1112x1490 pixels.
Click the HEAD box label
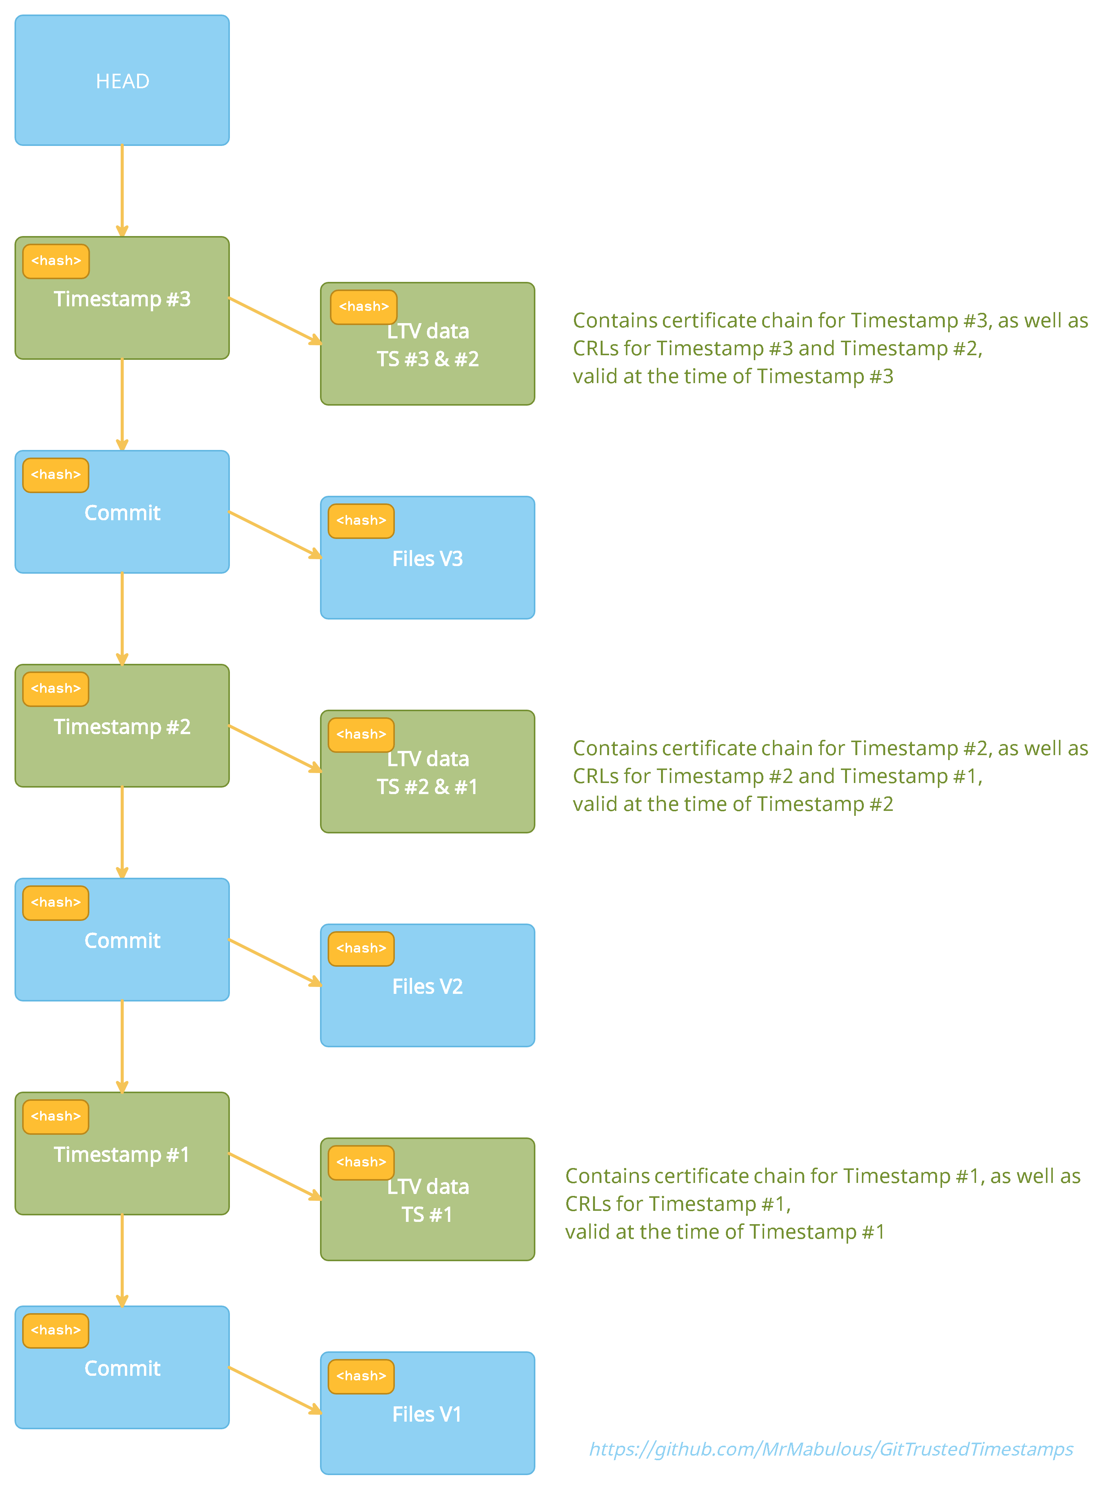click(122, 81)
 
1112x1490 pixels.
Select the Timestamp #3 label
click(122, 299)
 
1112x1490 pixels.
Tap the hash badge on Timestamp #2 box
click(56, 689)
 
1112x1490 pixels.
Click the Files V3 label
click(427, 559)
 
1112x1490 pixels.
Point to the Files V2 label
click(427, 986)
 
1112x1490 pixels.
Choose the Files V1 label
click(427, 1414)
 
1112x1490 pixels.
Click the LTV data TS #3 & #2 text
click(427, 345)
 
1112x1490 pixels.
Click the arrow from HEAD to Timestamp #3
click(122, 191)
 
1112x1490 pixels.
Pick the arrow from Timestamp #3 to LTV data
click(275, 320)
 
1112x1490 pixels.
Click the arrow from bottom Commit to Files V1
click(275, 1390)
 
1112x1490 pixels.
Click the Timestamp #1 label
click(122, 1155)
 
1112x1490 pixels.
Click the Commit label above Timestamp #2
click(122, 513)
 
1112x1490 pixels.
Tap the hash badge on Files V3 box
click(362, 521)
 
